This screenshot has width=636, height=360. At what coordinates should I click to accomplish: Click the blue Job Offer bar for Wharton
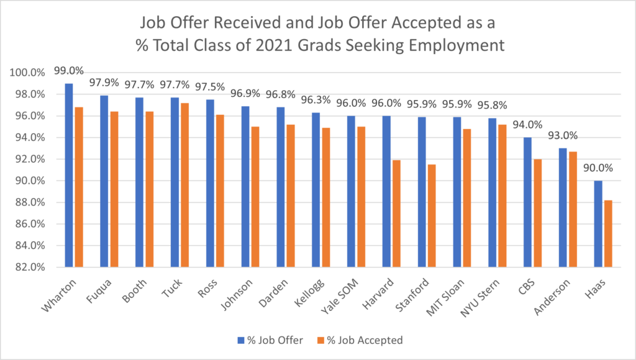69,175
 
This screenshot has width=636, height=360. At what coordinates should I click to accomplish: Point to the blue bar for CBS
527,202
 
